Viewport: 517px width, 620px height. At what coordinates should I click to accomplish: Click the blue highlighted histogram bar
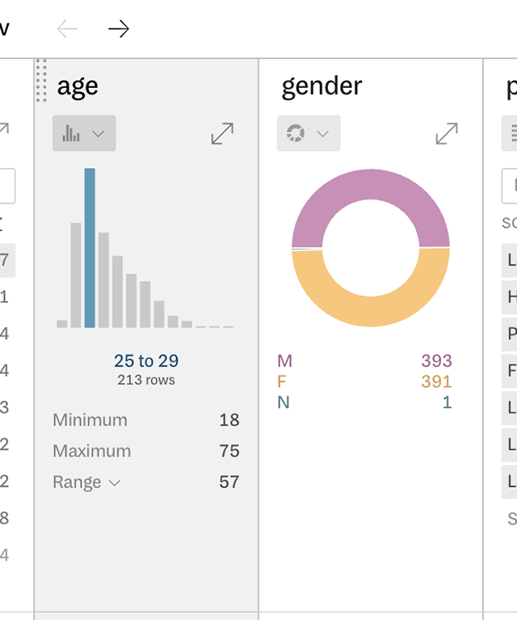click(x=90, y=247)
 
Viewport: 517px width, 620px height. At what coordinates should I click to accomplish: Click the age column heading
click(x=78, y=86)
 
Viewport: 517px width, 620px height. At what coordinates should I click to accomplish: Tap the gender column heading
click(x=322, y=86)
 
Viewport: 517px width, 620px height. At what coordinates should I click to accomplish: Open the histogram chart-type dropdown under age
click(x=84, y=133)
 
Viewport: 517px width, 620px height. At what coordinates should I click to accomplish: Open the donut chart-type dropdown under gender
click(x=309, y=133)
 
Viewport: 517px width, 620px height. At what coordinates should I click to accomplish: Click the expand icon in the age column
click(x=222, y=133)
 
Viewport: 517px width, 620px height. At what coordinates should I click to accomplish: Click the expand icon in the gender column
click(x=447, y=133)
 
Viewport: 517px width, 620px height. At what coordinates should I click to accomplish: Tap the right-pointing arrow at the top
click(x=119, y=29)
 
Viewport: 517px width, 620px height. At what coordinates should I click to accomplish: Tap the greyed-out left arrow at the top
click(x=67, y=29)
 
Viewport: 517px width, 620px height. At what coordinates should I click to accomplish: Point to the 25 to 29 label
click(x=146, y=361)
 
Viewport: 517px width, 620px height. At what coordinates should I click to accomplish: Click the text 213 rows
click(x=146, y=379)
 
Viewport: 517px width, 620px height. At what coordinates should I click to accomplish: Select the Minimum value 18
click(x=229, y=420)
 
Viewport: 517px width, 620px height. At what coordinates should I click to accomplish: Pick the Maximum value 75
click(x=229, y=450)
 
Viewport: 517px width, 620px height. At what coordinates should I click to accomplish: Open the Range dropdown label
click(x=86, y=482)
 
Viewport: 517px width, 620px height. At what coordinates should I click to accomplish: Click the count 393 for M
click(x=436, y=361)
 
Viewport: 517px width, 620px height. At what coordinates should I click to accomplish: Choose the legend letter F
click(x=282, y=381)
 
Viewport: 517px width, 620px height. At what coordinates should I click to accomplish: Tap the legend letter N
click(x=283, y=402)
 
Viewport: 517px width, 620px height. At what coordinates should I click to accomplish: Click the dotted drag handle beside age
click(x=41, y=81)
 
